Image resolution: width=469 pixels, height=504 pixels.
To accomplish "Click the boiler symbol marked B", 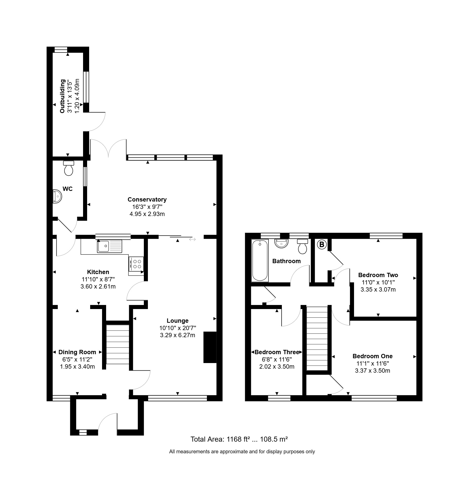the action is tap(322, 245).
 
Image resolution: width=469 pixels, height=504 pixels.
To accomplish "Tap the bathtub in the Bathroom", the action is tap(260, 260).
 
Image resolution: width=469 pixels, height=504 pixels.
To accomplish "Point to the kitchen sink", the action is tap(110, 246).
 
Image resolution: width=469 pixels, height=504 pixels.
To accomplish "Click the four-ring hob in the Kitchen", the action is tap(136, 264).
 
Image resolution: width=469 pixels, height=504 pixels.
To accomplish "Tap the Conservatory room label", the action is tap(147, 200).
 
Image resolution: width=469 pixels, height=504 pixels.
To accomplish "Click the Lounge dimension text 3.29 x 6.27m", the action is tap(178, 335).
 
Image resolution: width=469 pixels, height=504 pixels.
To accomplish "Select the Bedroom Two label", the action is tap(378, 275).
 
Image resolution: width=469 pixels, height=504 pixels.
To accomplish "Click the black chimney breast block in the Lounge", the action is tap(210, 347).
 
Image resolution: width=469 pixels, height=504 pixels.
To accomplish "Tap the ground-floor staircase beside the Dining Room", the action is tap(118, 344).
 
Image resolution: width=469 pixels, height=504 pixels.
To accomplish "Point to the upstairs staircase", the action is tap(317, 338).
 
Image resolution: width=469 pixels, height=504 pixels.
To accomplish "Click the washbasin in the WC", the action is tap(57, 196).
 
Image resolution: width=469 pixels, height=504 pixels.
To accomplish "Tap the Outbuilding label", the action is tap(62, 96).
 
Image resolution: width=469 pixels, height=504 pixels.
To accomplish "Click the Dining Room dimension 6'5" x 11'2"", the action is tap(77, 359).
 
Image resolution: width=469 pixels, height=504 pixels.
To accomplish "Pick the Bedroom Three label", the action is tap(277, 352).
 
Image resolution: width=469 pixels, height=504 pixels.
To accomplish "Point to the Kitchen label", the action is tap(98, 272).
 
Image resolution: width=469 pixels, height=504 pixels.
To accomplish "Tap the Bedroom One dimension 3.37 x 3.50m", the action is tap(373, 371).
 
